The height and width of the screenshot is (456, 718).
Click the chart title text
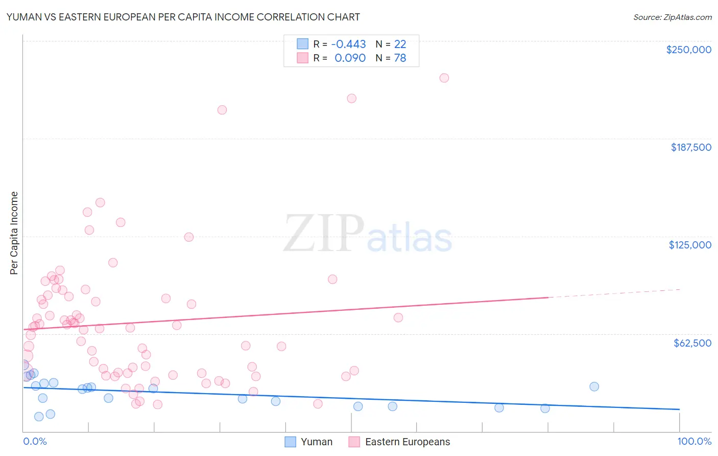183,17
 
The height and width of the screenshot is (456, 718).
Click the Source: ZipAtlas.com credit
672,17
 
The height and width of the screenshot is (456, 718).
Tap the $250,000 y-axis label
688,50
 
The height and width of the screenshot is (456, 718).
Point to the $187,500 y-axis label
691,147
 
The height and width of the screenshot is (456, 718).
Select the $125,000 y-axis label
690,245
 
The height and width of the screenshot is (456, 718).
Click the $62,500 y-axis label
692,343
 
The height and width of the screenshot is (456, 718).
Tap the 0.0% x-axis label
35,442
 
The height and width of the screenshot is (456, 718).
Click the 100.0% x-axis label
694,442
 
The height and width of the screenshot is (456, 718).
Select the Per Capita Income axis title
14,233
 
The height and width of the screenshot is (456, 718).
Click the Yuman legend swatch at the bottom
290,442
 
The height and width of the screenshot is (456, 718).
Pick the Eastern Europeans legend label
408,442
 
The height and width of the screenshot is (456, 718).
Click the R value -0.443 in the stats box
348,44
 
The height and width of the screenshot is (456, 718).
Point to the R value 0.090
350,58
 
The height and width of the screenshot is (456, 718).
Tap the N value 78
400,58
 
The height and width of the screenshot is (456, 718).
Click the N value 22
400,44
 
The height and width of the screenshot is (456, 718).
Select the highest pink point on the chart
444,78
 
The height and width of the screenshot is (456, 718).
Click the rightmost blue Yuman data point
594,386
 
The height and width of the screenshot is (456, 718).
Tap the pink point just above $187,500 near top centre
222,110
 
